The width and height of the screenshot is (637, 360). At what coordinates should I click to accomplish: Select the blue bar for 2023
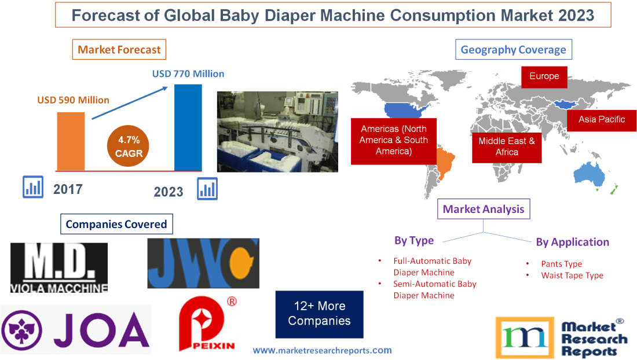[188, 127]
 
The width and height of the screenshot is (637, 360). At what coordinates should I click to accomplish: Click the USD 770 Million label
[188, 74]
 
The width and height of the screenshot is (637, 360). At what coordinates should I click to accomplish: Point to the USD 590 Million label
[74, 100]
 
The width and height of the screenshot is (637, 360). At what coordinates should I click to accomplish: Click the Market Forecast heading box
[119, 50]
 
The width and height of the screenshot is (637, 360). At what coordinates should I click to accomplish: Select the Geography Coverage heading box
[514, 50]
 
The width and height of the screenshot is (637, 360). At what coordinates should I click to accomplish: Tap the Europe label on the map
[544, 76]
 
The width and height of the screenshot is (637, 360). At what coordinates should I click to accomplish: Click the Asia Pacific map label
[602, 119]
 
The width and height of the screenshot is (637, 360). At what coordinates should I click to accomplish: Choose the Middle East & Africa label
[507, 146]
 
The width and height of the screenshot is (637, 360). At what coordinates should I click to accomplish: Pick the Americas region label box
[394, 140]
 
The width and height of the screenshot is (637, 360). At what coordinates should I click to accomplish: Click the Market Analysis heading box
[484, 209]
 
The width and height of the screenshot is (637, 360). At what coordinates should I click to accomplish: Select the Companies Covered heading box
[116, 224]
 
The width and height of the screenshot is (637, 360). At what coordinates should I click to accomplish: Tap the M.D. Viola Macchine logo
[59, 267]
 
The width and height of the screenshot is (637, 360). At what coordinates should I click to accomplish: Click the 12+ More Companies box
[320, 313]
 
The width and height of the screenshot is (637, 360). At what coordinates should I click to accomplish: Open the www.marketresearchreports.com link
[322, 350]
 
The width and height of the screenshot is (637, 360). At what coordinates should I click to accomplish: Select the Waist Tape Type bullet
[572, 275]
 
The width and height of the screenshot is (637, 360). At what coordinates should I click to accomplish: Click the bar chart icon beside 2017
[33, 187]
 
